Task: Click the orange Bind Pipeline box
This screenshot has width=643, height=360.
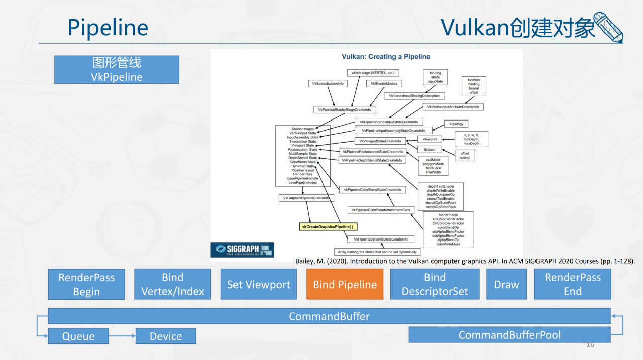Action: click(x=345, y=284)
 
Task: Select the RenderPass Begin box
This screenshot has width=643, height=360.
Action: click(x=86, y=284)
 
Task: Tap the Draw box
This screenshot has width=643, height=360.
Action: click(x=506, y=284)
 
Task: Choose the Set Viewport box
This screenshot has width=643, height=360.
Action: click(x=259, y=284)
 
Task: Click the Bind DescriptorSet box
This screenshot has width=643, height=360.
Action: click(x=435, y=284)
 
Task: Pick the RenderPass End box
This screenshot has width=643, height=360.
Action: click(x=573, y=284)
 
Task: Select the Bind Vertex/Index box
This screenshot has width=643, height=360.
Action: click(x=173, y=284)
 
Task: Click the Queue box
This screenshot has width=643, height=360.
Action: click(x=78, y=336)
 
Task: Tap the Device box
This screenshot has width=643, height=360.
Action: click(x=166, y=336)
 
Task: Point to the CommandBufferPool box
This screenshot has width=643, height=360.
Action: click(x=509, y=335)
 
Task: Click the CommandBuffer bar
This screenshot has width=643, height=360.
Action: click(x=329, y=316)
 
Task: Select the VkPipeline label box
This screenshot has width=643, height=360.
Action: click(x=117, y=70)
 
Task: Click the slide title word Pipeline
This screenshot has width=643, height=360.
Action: click(x=108, y=28)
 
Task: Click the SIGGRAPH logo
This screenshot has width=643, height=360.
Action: click(x=242, y=250)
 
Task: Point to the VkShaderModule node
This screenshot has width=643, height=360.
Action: click(x=384, y=84)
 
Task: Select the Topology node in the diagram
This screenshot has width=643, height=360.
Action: click(x=456, y=124)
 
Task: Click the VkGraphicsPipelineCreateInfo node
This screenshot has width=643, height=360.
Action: click(x=306, y=198)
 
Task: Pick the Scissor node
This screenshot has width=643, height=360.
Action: click(x=430, y=149)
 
